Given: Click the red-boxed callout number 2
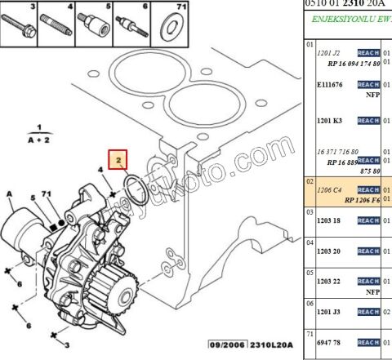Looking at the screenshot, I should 118,159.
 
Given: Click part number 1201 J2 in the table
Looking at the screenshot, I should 329,53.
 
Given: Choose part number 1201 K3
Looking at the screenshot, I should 330,121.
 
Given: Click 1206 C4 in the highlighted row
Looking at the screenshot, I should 330,189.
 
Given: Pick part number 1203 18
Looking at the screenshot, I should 330,221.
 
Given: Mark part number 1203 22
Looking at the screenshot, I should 330,281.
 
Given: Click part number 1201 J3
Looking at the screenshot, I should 330,311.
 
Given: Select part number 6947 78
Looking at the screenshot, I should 330,342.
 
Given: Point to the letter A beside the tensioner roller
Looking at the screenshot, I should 9,193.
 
